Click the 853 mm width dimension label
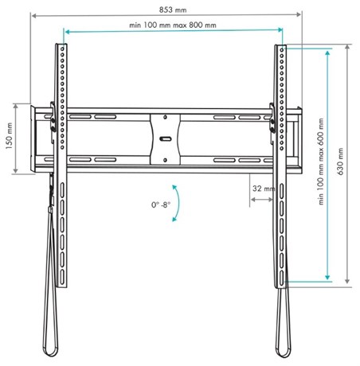[173, 10]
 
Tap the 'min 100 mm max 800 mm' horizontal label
[173, 25]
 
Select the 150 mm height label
[10, 135]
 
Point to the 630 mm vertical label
[340, 162]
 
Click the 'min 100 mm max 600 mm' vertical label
[321, 162]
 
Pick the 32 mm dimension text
[264, 189]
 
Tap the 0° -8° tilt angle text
[161, 204]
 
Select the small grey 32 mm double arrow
[261, 200]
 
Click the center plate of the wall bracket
[165, 139]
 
